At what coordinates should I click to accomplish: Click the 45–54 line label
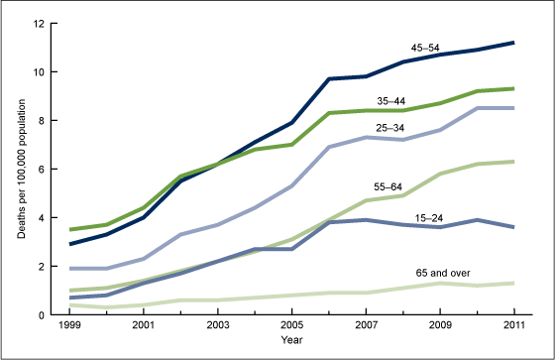[426, 47]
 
